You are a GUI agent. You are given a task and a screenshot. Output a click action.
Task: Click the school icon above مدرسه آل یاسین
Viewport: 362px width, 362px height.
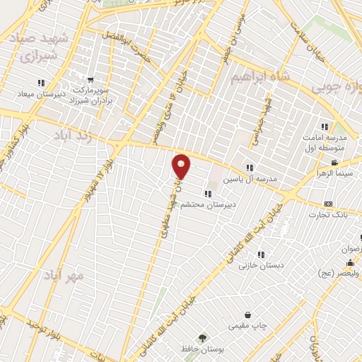250,168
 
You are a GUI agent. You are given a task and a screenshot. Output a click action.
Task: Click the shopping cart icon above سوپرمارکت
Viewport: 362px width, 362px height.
89,79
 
